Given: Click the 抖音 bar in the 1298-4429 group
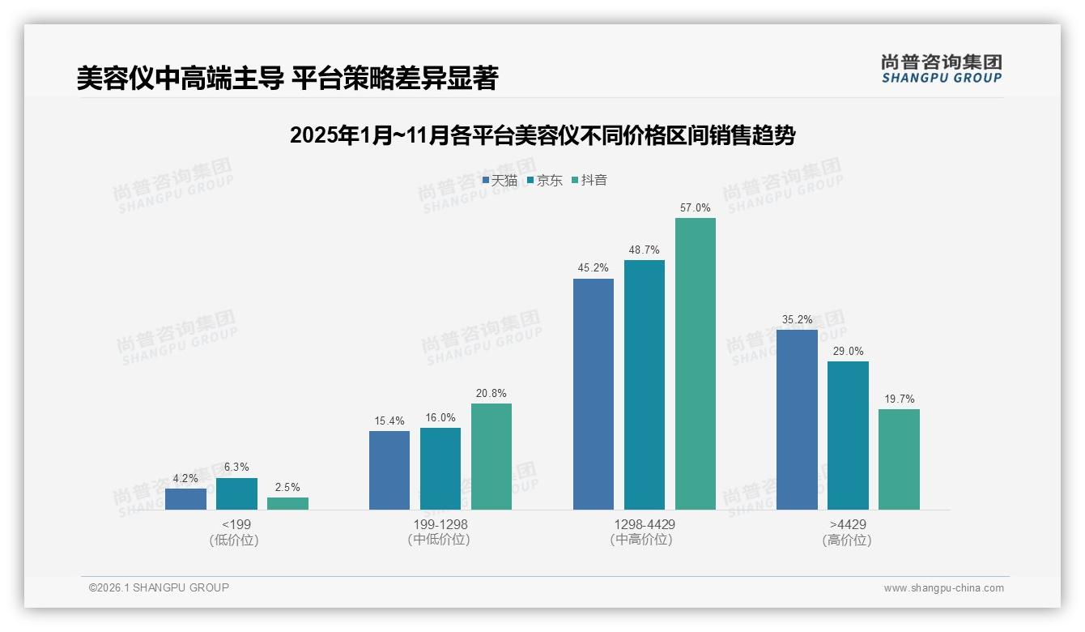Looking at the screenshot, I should [696, 364].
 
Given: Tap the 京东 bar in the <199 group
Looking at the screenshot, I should [236, 493].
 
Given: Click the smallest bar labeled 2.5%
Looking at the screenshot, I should [287, 503].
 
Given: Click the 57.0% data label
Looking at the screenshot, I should [696, 208].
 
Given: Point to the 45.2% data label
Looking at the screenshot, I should [594, 268].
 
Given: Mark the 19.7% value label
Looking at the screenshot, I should [899, 399].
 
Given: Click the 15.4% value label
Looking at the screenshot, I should [389, 421].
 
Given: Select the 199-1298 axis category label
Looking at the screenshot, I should [440, 524].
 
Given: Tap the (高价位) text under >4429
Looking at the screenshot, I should [847, 540].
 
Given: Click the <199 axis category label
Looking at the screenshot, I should [236, 524].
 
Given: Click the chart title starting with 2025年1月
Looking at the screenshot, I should [542, 135].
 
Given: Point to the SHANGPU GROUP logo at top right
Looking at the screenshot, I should [941, 69].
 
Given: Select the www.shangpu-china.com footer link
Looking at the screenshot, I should [943, 588].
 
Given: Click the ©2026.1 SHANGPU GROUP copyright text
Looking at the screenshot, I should [159, 587].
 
